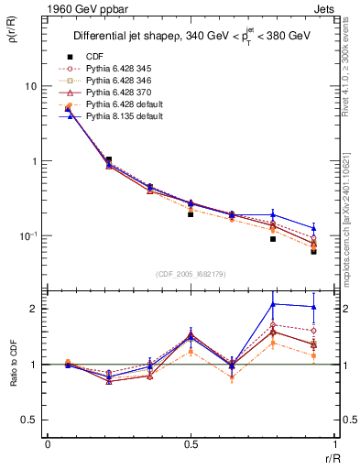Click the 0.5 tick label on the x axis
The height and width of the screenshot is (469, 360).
click(x=191, y=444)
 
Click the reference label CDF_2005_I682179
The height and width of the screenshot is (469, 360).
click(x=190, y=273)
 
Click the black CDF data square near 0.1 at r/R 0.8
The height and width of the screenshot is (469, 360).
click(x=273, y=239)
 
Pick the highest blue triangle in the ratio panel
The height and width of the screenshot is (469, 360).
click(x=273, y=304)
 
